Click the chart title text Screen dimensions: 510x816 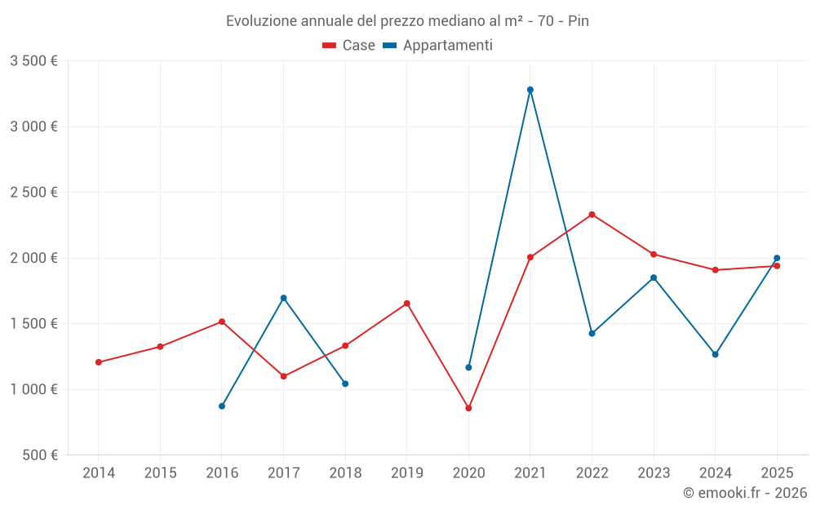click(407, 20)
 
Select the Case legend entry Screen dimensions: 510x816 click(349, 46)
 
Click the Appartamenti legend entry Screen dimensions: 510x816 click(438, 46)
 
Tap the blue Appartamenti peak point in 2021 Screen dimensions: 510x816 click(530, 90)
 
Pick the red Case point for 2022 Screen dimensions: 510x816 click(592, 215)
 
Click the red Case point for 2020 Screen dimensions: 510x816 click(468, 408)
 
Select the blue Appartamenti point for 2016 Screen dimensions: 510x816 click(222, 406)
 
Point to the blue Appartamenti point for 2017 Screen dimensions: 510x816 click(283, 298)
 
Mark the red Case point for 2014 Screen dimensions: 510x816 click(99, 362)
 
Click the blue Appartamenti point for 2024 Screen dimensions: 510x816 click(715, 354)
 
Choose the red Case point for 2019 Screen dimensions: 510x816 click(407, 304)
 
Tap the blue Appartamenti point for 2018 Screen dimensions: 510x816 click(345, 384)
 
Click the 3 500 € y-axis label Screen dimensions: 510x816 click(33, 61)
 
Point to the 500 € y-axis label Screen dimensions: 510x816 click(39, 455)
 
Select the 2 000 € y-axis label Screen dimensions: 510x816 click(33, 258)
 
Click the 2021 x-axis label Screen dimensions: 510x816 click(530, 472)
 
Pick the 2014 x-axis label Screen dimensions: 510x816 click(99, 472)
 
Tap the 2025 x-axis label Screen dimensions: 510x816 click(777, 472)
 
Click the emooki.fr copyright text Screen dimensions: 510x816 click(744, 493)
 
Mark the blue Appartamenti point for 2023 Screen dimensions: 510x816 click(654, 277)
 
